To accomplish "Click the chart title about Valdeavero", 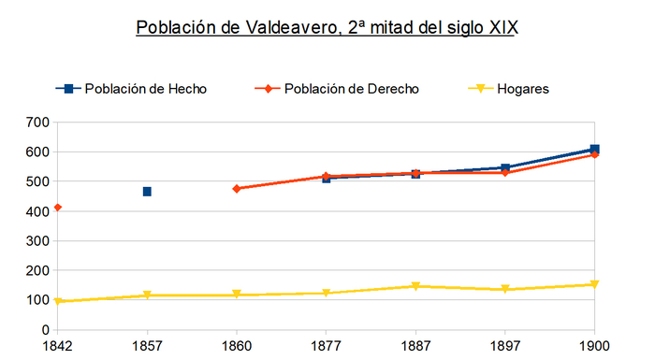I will coord(327,27).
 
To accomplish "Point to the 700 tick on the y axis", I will coord(37,122).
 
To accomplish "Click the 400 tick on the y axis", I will coord(37,211).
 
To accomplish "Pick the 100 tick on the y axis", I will coord(37,300).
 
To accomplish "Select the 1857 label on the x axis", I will coord(147,345).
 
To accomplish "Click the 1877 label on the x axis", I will coord(326,345).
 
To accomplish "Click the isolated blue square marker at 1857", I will coord(147,192).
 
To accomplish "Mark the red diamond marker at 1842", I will coord(58,208).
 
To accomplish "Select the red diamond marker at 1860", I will coord(237,189).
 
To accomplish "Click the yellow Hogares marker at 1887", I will coord(415,286).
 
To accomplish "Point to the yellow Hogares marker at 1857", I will coord(147,295).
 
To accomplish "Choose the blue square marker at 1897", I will coord(505,168).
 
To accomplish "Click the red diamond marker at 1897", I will coord(505,173).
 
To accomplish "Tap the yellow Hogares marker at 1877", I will coord(326,294).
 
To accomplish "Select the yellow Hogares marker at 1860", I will coord(237,295).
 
